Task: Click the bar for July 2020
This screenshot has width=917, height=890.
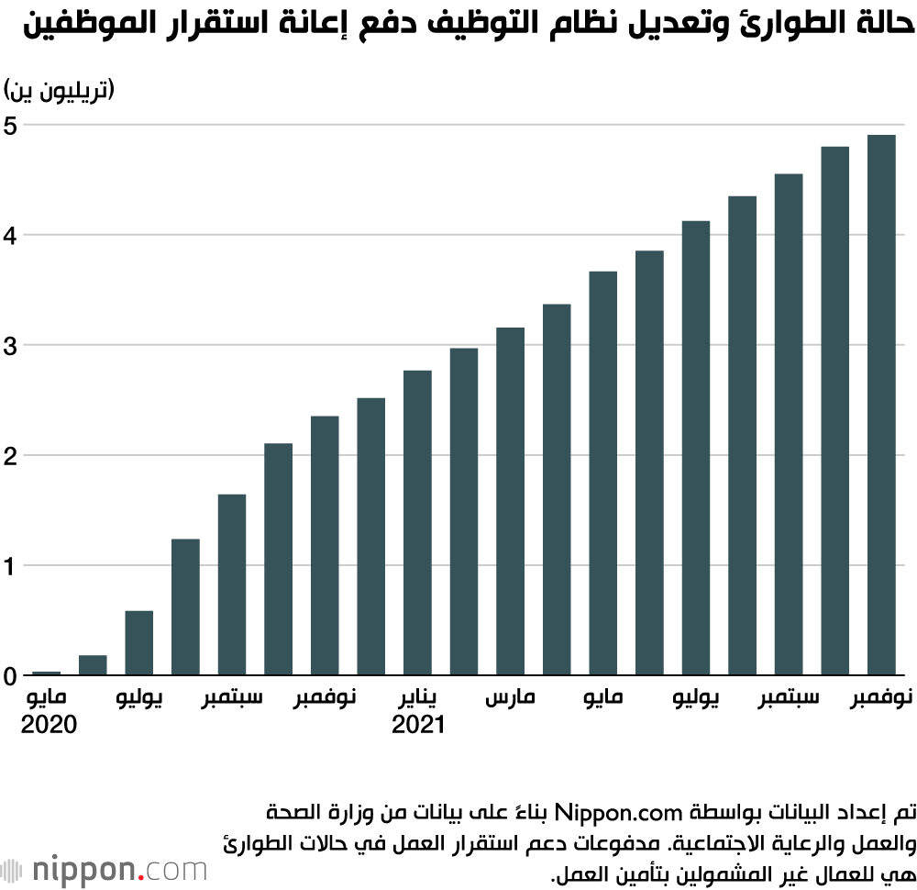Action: coord(139,642)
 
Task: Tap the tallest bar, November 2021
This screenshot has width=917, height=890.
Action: coord(881,405)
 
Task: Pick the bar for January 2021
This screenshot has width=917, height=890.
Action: coord(417,523)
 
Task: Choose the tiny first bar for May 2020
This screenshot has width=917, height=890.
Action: coord(47,673)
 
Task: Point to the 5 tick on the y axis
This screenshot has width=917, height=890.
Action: coord(11,126)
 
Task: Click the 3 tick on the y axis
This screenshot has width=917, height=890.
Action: coord(11,346)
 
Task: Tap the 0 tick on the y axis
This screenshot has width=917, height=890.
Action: coord(11,676)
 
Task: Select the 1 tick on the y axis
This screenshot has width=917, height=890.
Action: coord(11,566)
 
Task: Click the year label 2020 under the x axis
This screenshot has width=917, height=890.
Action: coord(48,725)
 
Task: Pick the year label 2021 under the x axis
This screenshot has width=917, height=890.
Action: coord(418,725)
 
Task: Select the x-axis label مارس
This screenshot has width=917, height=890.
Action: coord(510,699)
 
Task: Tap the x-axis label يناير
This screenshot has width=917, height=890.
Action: coord(418,699)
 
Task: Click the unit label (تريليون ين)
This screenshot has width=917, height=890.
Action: coord(60,90)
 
